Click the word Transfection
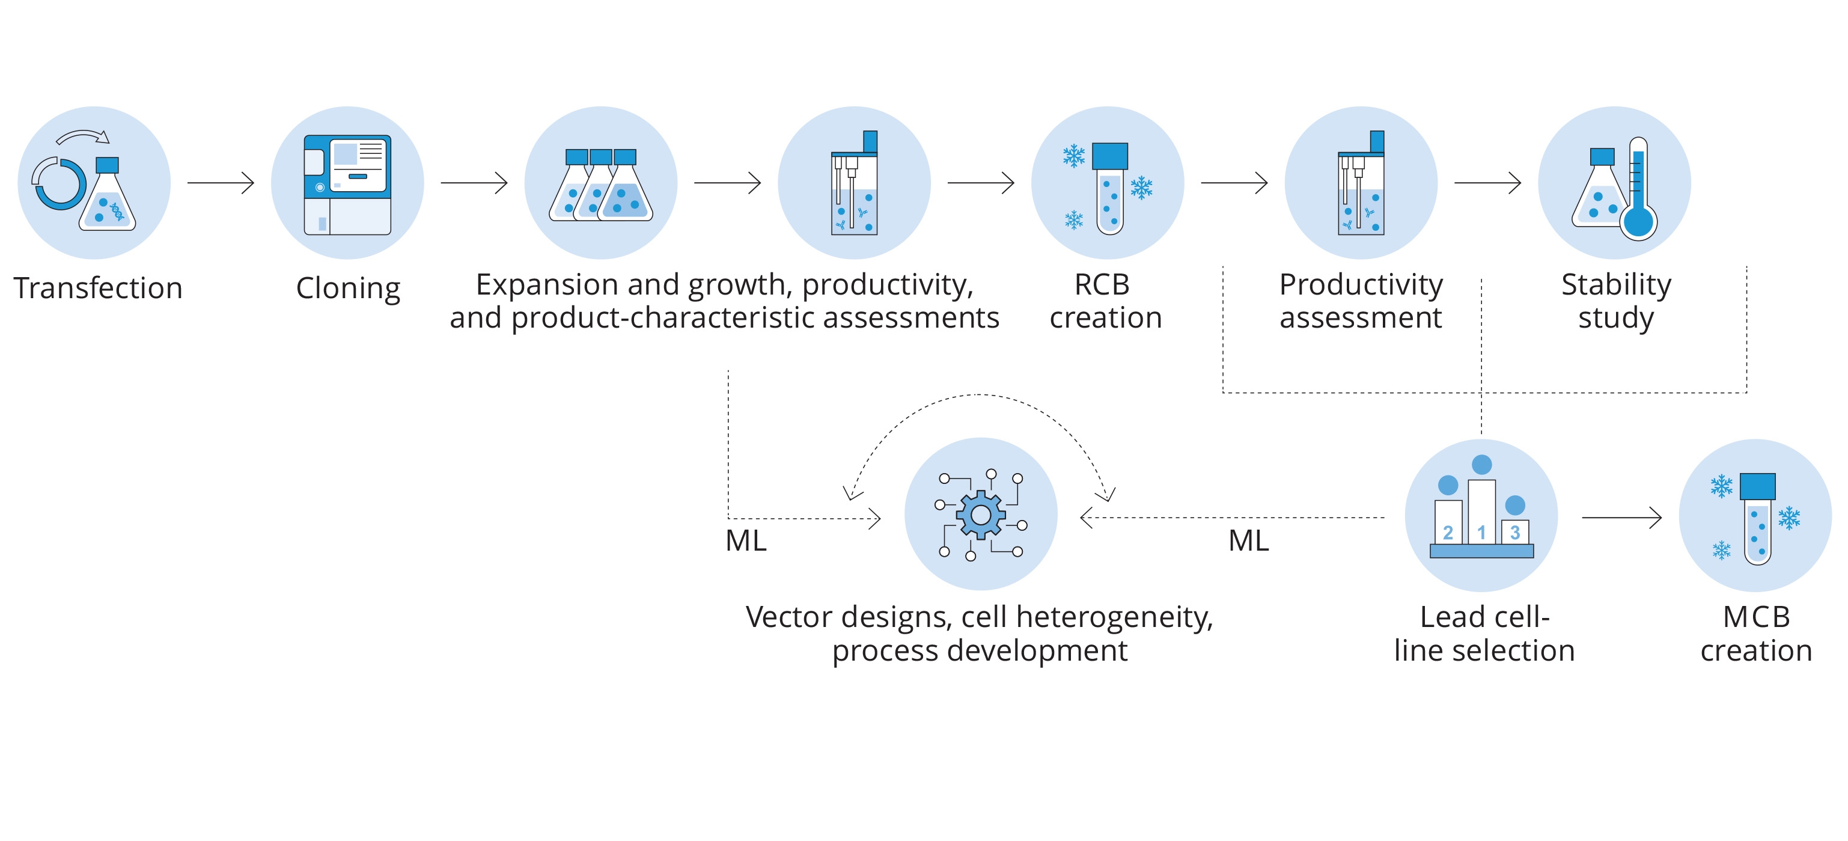(x=99, y=288)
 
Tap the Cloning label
(x=348, y=288)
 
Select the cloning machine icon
(x=347, y=185)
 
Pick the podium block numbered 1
(x=1481, y=512)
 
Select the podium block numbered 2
(x=1448, y=522)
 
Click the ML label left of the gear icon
(x=746, y=540)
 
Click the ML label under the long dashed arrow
(x=1248, y=540)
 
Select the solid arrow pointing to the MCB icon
(x=1621, y=518)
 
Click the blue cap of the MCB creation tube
(x=1758, y=486)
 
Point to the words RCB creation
(x=1105, y=301)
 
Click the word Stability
(x=1615, y=285)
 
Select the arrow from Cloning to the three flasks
(x=474, y=183)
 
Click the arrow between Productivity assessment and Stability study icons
(x=1487, y=183)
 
